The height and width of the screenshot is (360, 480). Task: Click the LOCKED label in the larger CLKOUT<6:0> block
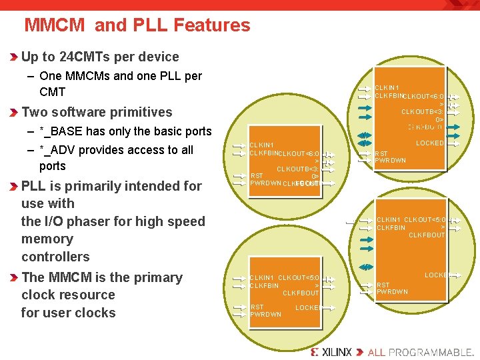click(x=429, y=143)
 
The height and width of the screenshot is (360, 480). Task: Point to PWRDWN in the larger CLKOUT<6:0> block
click(x=390, y=161)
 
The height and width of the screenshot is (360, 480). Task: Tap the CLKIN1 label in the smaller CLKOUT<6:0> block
click(x=261, y=145)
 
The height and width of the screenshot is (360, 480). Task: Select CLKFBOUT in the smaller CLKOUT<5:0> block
click(x=301, y=293)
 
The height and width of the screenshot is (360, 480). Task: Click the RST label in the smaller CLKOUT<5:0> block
click(x=256, y=307)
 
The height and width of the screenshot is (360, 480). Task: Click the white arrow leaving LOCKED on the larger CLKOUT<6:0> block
click(x=455, y=143)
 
